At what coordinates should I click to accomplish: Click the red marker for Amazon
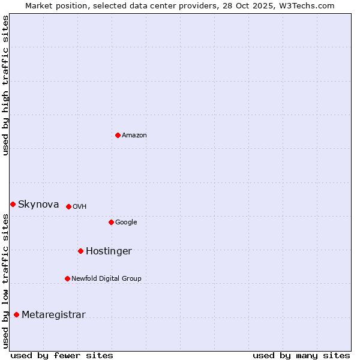(x=118, y=135)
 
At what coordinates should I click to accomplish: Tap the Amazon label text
(x=134, y=136)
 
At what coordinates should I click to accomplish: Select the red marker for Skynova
(x=13, y=204)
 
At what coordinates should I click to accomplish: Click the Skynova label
(x=38, y=205)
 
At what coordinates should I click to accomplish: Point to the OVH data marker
(x=68, y=206)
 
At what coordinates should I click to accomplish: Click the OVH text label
(x=80, y=207)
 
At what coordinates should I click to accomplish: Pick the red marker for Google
(x=111, y=222)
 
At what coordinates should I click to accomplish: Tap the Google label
(x=126, y=223)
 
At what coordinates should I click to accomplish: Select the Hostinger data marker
(x=80, y=251)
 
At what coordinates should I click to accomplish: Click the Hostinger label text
(x=109, y=251)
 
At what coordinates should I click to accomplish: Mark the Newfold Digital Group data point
(x=67, y=278)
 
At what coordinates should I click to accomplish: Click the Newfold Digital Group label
(x=106, y=278)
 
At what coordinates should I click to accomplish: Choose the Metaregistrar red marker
(x=16, y=314)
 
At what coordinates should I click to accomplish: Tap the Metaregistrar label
(x=53, y=315)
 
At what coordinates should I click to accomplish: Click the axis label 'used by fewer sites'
(x=62, y=355)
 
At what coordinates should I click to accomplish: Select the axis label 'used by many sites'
(x=301, y=355)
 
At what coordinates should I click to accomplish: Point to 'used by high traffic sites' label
(x=5, y=85)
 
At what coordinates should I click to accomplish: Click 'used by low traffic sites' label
(x=5, y=281)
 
